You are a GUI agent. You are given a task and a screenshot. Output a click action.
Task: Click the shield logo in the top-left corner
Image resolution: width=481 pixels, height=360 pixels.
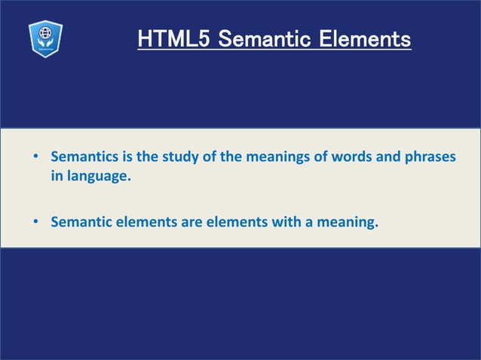point(45,38)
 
